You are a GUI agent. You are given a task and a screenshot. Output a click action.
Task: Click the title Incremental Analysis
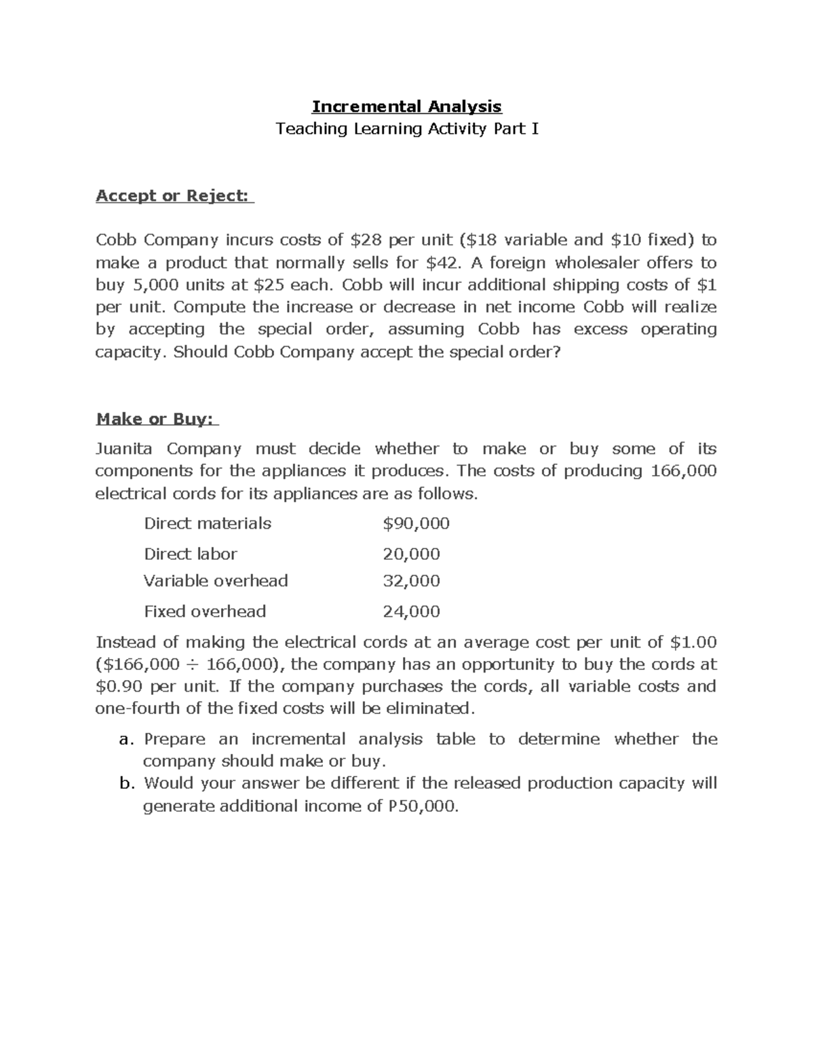pos(406,106)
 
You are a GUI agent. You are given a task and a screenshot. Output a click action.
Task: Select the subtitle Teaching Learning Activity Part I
pos(406,128)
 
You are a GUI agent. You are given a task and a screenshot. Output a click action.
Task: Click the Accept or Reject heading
pos(174,195)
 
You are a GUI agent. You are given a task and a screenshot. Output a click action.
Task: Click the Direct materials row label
pos(207,523)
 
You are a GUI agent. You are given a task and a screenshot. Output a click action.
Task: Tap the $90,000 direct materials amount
pos(416,523)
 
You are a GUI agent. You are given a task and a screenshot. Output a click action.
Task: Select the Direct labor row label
pos(190,554)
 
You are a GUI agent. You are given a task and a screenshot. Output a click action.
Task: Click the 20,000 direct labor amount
pos(411,554)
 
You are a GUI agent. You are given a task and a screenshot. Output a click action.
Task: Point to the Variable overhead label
pos(216,581)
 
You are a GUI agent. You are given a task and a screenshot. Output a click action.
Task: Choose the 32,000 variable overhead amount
pos(411,581)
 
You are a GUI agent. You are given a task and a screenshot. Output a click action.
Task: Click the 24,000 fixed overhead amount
pos(411,611)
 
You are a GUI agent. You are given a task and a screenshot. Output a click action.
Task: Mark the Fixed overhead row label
pos(204,611)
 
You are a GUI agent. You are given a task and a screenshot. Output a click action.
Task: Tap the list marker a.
pos(124,739)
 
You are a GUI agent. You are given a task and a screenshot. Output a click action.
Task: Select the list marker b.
pos(125,783)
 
